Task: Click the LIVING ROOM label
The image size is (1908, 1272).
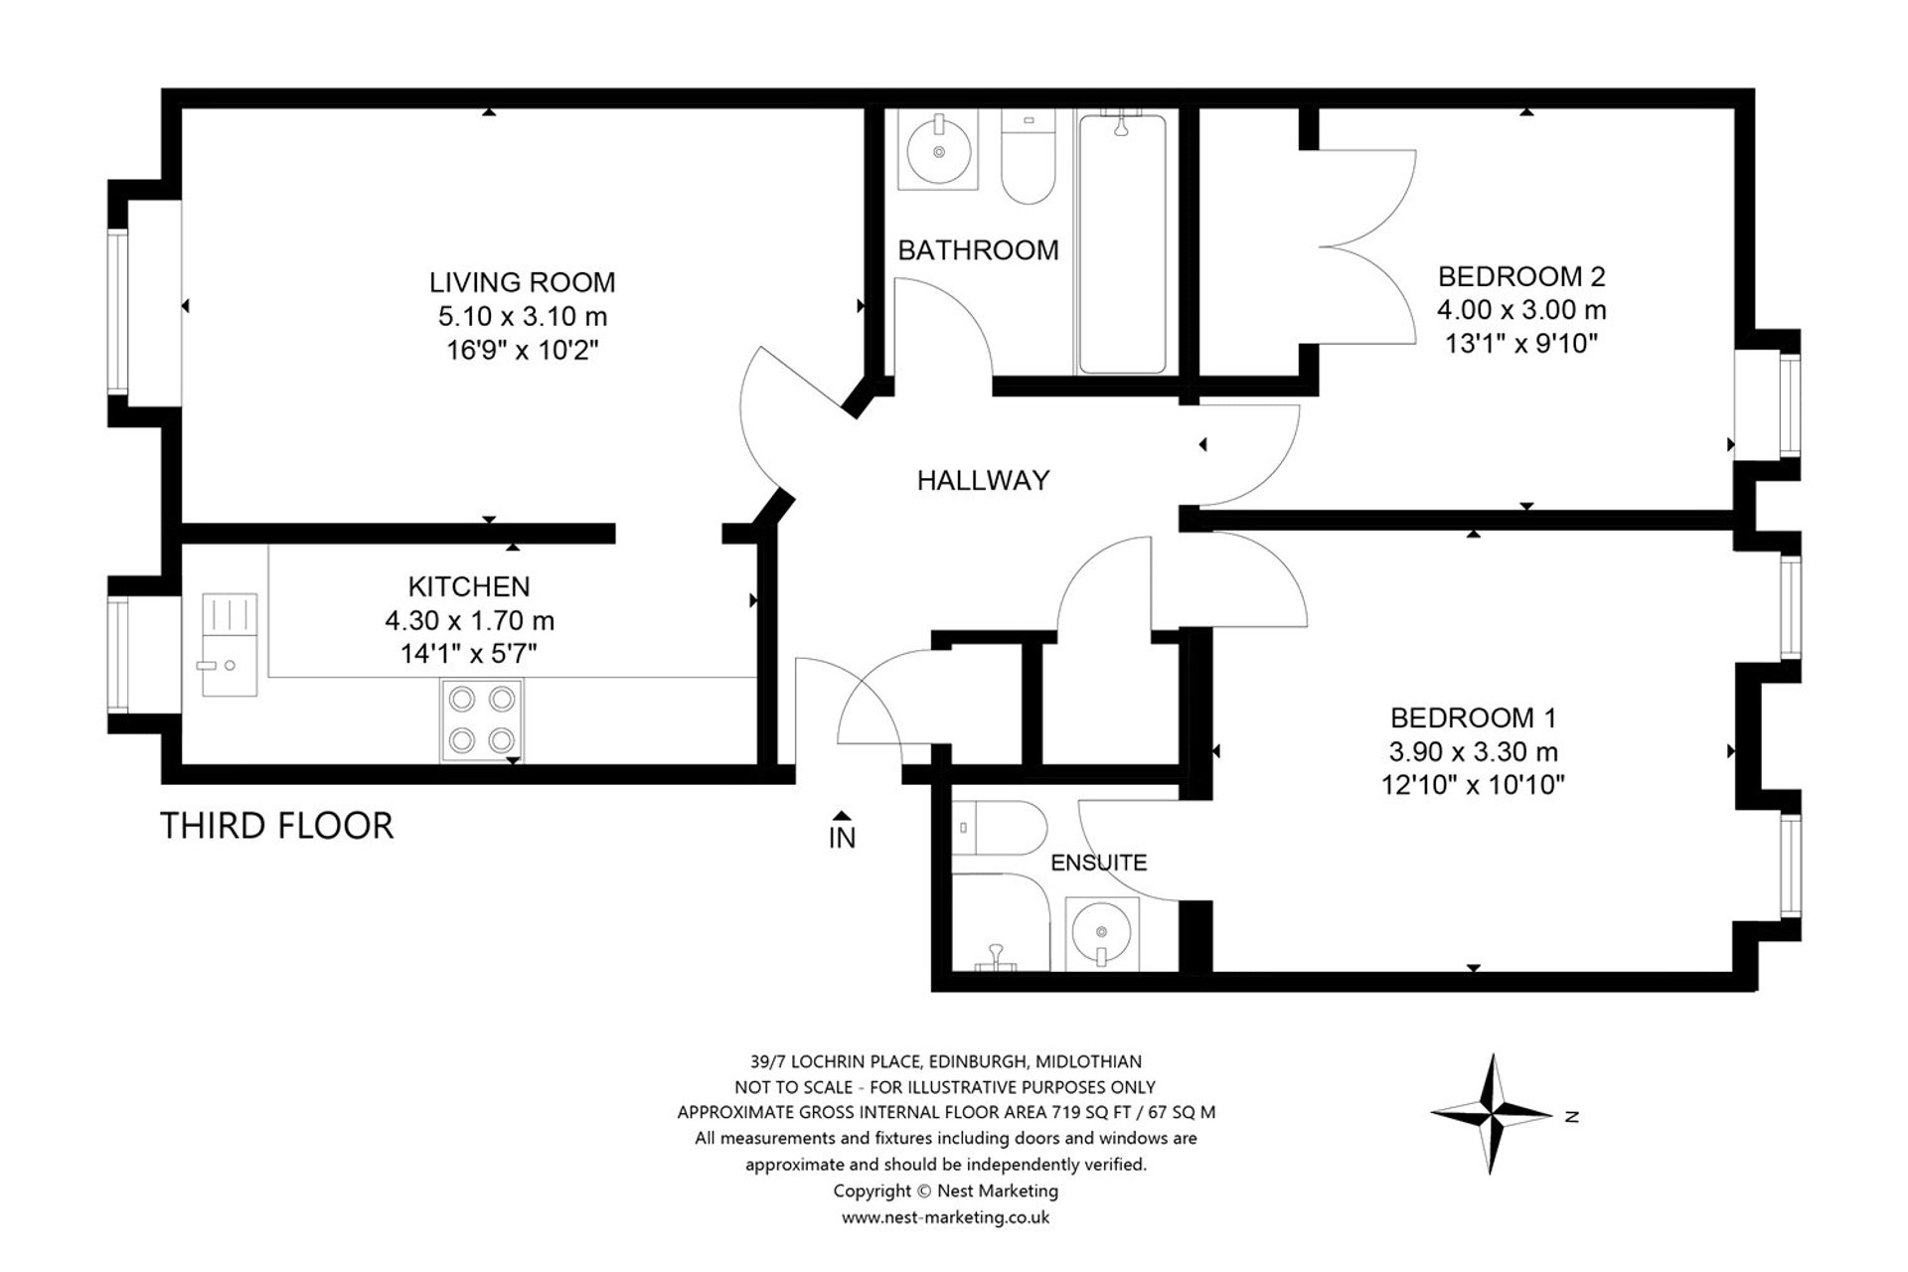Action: point(522,282)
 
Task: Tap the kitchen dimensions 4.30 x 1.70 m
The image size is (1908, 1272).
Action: point(469,620)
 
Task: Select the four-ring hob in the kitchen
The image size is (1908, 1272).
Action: point(482,719)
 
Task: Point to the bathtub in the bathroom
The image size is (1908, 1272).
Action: point(1122,244)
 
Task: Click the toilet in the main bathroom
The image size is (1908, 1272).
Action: point(1028,159)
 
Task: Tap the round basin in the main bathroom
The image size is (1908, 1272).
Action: point(937,151)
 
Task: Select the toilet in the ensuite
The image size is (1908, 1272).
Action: point(998,827)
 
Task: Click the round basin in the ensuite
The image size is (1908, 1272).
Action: point(1101,932)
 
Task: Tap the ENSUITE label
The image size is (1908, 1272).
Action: point(1098,863)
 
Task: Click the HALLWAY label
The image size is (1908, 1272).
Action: point(983,481)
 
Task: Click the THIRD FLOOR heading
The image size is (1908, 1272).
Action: point(276,826)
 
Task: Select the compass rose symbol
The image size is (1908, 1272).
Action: point(1492,1113)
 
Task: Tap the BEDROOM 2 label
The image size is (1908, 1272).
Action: point(1521,276)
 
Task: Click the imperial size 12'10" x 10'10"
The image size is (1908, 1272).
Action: point(1473,785)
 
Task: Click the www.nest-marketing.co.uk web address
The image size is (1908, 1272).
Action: point(945,1217)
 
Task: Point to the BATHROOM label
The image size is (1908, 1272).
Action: point(978,250)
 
